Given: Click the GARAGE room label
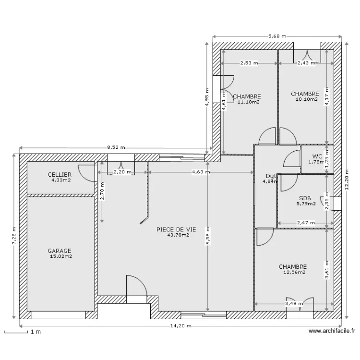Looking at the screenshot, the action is click(x=60, y=251).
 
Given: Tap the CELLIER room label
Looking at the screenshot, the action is click(x=60, y=175).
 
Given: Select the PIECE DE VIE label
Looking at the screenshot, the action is click(x=176, y=229).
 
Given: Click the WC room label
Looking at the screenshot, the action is click(x=317, y=156).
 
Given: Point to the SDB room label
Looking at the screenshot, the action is click(x=305, y=198).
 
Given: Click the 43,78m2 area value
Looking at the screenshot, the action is click(x=179, y=235).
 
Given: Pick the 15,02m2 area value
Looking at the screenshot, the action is click(x=61, y=256).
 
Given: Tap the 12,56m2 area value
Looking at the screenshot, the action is click(x=294, y=272).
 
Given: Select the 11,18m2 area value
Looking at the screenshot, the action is click(x=249, y=102).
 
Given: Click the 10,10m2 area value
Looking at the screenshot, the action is click(x=307, y=99).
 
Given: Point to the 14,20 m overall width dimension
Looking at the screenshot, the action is click(x=180, y=326).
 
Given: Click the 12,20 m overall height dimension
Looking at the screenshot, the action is click(x=347, y=180).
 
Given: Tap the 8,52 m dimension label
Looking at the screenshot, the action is click(x=116, y=147).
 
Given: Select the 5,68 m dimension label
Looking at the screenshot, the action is click(x=277, y=36).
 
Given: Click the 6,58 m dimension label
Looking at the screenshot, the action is click(x=208, y=236).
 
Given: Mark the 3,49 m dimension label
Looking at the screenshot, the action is click(x=294, y=304).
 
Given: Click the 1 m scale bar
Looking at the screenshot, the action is click(x=16, y=332).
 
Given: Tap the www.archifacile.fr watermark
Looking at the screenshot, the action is click(x=332, y=331).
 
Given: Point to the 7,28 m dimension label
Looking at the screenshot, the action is click(x=14, y=236).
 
